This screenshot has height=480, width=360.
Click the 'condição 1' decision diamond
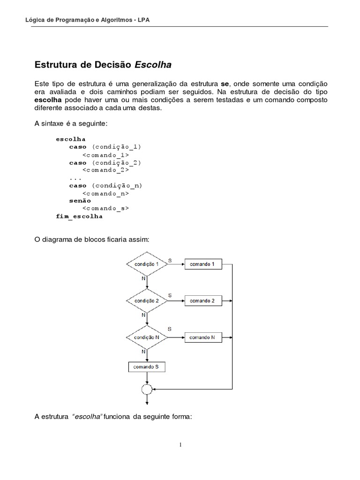point(147,264)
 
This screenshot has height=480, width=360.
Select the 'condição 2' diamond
point(147,300)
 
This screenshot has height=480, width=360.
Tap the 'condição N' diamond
point(147,337)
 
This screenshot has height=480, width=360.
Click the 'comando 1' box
point(202,264)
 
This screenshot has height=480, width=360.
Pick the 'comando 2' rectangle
point(202,300)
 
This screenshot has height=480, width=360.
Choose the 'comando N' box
point(202,337)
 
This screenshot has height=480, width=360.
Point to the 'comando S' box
point(147,367)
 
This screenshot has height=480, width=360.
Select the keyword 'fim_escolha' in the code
point(79,217)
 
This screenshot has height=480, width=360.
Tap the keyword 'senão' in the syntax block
point(80,201)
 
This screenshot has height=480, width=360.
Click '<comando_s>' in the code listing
point(105,209)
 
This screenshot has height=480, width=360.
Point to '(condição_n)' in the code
point(117,185)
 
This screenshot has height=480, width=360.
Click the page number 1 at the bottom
point(180,445)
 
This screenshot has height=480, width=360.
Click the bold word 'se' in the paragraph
point(225,83)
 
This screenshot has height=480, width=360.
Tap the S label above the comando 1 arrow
point(170,259)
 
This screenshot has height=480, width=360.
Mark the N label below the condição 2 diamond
point(143,315)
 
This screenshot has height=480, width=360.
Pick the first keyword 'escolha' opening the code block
point(70,139)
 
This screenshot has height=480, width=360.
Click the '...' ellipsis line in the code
point(75,178)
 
